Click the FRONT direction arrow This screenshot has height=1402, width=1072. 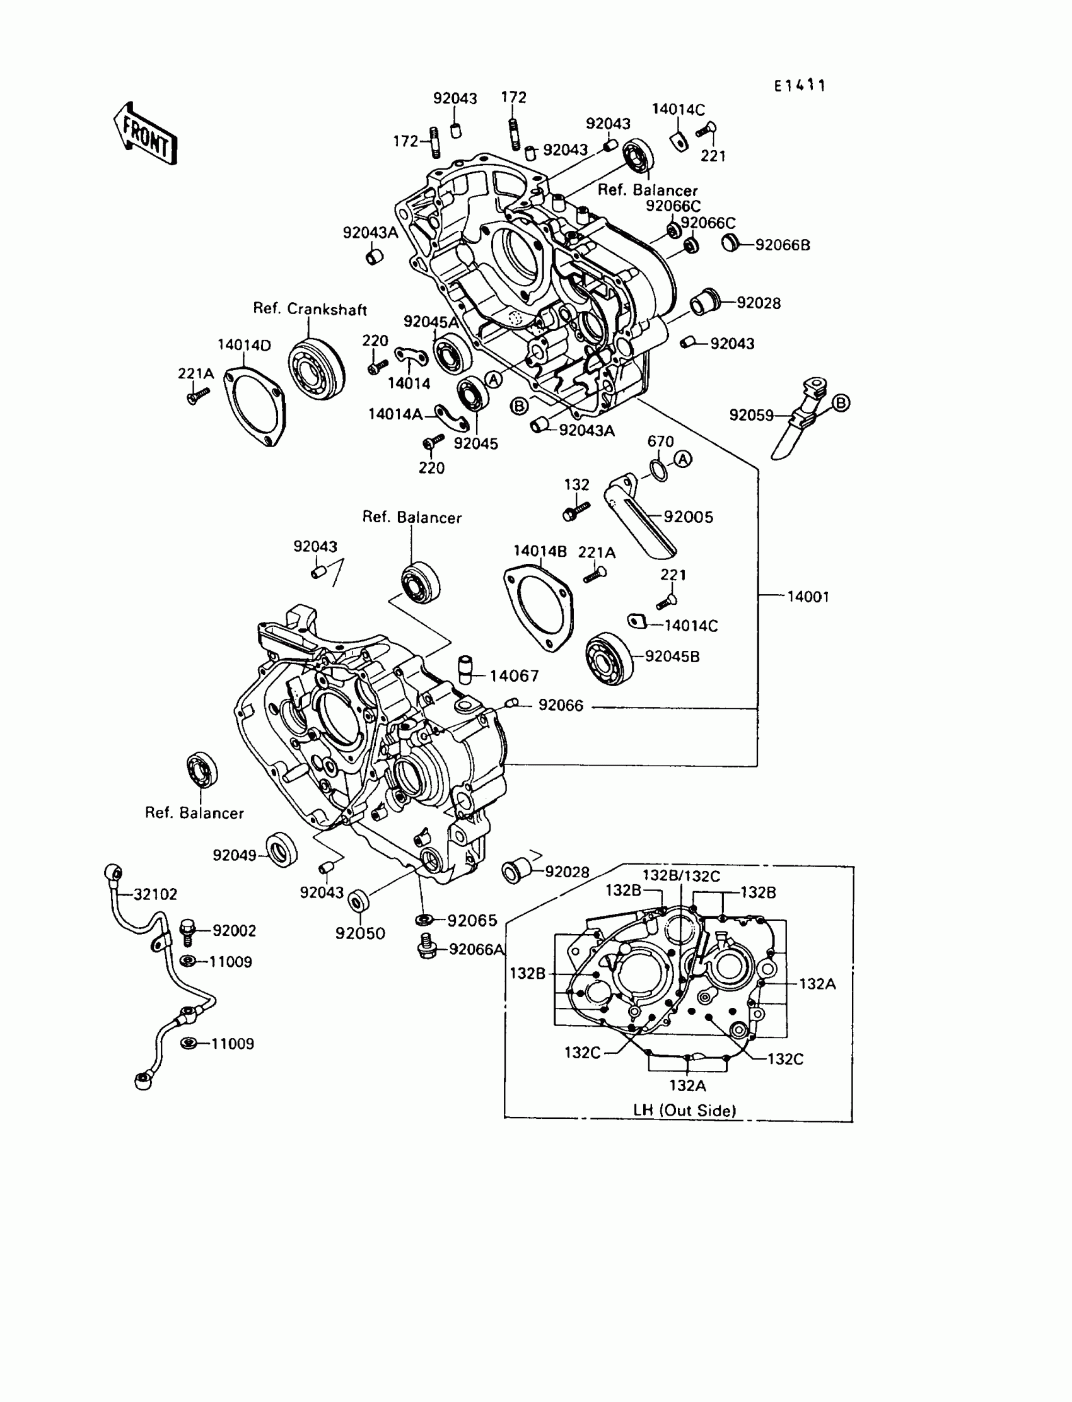point(146,134)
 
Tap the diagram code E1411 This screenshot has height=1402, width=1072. point(800,86)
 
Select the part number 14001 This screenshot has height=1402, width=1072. point(808,597)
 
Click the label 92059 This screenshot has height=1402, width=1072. point(751,416)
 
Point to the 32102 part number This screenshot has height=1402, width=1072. point(155,894)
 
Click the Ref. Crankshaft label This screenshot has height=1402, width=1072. point(310,310)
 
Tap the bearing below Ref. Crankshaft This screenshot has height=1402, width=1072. point(316,371)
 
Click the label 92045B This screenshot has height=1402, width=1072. point(672,657)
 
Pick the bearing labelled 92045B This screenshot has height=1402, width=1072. point(609,658)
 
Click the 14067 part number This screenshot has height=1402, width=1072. point(515,676)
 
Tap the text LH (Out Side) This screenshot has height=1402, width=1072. point(684,1111)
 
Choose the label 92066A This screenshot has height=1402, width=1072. point(476,950)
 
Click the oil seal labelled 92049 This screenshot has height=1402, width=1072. point(281,850)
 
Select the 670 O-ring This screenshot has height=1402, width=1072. point(658,470)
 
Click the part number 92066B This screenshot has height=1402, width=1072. point(783,245)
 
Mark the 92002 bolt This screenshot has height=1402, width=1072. point(187,932)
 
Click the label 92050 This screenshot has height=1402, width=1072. point(360,933)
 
